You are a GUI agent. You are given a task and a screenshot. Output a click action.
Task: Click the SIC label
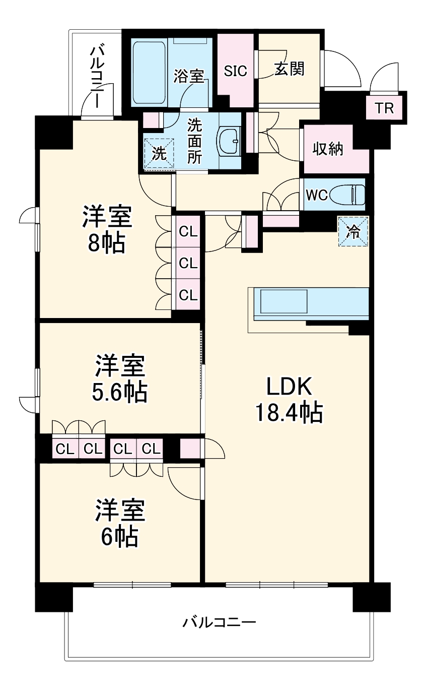(236, 71)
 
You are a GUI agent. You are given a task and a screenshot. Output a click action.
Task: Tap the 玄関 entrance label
(289, 69)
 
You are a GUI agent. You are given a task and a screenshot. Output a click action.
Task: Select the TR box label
(384, 108)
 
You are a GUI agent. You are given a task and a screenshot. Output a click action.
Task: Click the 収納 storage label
(327, 149)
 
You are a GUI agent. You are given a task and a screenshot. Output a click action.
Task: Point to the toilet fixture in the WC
(347, 195)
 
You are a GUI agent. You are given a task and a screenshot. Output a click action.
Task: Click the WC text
(316, 195)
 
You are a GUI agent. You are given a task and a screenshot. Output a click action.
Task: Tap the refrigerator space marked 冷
(353, 232)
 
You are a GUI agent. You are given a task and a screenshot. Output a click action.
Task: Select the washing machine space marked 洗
(159, 154)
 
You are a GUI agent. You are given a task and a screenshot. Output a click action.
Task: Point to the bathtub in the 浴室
(149, 73)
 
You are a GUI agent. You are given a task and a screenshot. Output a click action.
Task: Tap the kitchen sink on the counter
(284, 301)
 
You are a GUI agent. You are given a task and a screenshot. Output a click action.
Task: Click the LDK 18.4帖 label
(290, 399)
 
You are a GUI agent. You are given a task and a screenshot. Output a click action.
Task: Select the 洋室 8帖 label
(107, 229)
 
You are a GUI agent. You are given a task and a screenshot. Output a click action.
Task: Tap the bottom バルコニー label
(220, 622)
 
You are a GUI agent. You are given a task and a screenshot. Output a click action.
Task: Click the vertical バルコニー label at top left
(97, 77)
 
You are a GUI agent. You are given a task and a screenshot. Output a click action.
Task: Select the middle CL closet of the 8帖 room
(188, 263)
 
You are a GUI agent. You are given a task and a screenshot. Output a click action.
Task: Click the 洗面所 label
(195, 141)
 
